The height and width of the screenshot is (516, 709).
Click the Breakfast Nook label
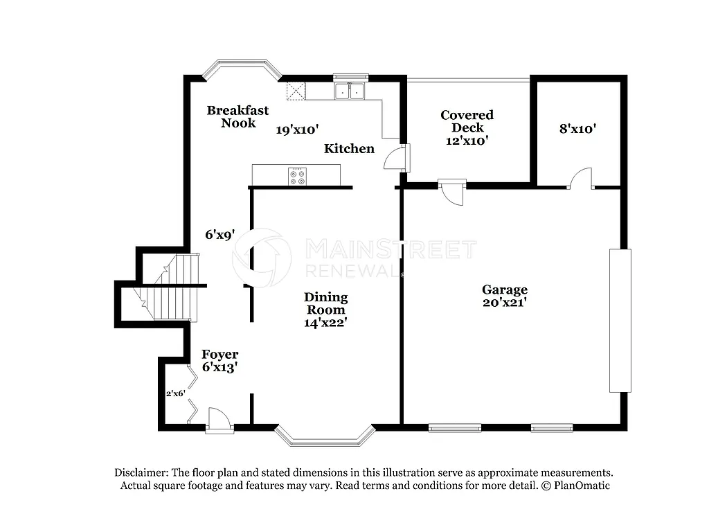(237, 116)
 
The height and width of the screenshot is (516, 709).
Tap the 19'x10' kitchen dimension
(297, 129)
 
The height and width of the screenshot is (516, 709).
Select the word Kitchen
(350, 148)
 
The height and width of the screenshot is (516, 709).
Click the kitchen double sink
(349, 91)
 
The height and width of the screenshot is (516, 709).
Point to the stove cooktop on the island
(297, 176)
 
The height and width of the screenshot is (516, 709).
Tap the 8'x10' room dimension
(577, 128)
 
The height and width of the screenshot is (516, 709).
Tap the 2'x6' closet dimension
(175, 393)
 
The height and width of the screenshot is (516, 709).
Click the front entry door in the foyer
(216, 420)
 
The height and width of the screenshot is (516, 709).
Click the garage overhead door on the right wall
(620, 321)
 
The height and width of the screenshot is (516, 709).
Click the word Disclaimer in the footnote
(143, 472)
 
